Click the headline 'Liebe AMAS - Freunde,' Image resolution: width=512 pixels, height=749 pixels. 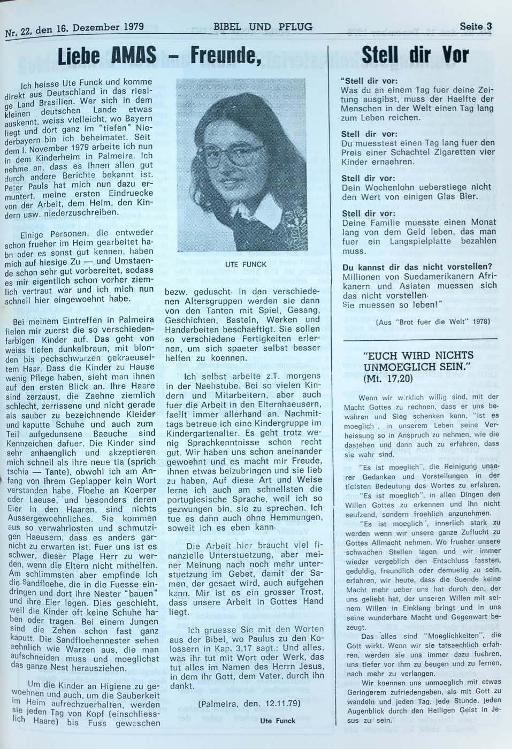tap(159, 56)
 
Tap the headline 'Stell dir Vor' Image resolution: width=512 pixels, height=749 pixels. tap(415, 55)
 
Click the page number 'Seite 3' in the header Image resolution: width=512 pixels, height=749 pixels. tap(475, 26)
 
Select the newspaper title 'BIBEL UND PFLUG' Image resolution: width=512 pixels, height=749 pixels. tap(263, 27)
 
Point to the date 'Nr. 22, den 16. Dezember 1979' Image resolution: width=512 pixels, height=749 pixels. tap(74, 29)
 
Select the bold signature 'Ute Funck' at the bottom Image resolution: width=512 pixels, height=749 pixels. tap(278, 721)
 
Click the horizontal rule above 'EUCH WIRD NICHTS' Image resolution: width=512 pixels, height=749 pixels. tap(419, 339)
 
